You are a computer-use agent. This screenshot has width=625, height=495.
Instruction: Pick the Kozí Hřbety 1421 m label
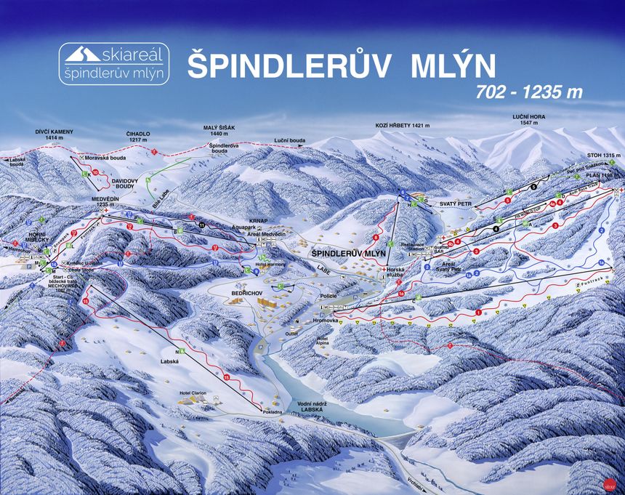pyautogui.click(x=402, y=126)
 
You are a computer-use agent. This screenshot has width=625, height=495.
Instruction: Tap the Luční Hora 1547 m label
pyautogui.click(x=529, y=121)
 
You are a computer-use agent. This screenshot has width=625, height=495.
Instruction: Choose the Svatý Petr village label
pyautogui.click(x=456, y=205)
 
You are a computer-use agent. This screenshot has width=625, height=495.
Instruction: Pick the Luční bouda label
pyautogui.click(x=289, y=140)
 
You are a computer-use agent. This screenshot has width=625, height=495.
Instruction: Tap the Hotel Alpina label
pyautogui.click(x=324, y=342)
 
